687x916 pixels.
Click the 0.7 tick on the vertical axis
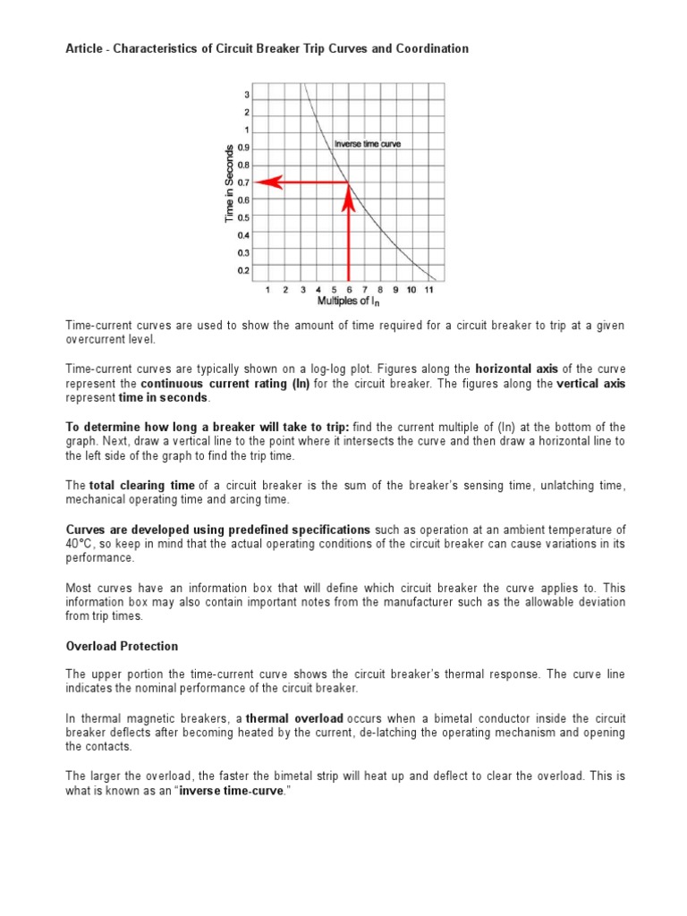[x=244, y=182]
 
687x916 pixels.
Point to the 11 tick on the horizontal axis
[x=429, y=290]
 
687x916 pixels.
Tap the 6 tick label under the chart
[x=348, y=290]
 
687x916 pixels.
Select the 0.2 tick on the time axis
[x=244, y=269]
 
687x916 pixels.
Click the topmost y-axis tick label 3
[x=247, y=96]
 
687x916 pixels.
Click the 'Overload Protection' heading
[x=123, y=646]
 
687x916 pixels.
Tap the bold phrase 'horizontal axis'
[x=517, y=369]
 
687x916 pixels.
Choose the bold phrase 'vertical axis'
[x=590, y=384]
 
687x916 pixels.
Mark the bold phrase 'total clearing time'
[x=141, y=485]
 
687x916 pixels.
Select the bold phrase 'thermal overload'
[x=294, y=718]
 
